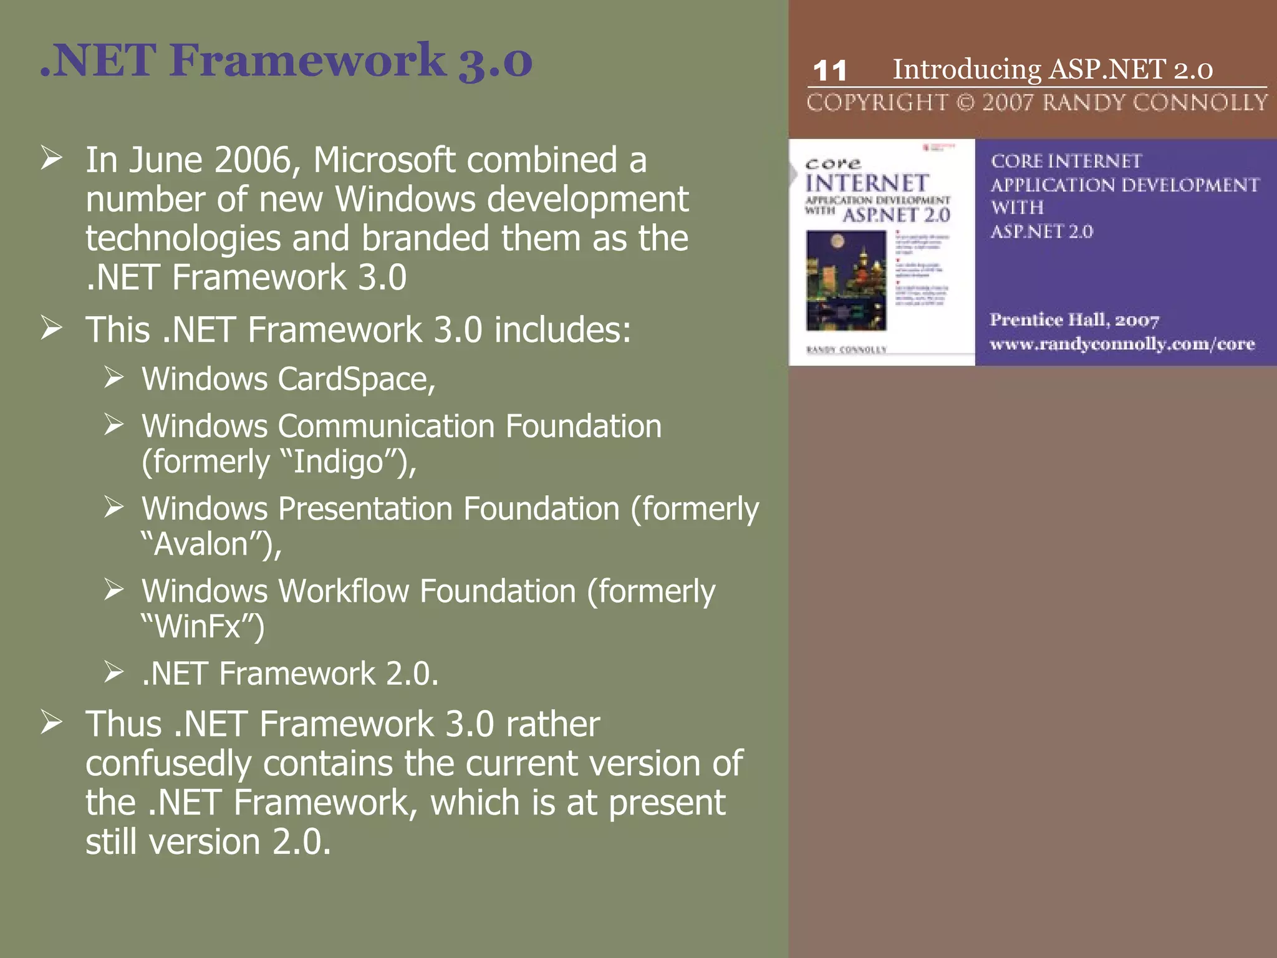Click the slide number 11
pos(829,71)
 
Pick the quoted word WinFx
pos(198,627)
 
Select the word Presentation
pos(365,509)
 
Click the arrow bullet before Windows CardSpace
pos(114,378)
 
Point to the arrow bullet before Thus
pos(52,723)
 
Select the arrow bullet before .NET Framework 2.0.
pos(114,672)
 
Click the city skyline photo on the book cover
pos(846,281)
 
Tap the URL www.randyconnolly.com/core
pos(1122,344)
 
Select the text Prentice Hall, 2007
pos(1074,320)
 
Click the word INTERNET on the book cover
pos(867,184)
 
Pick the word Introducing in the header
pos(966,69)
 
